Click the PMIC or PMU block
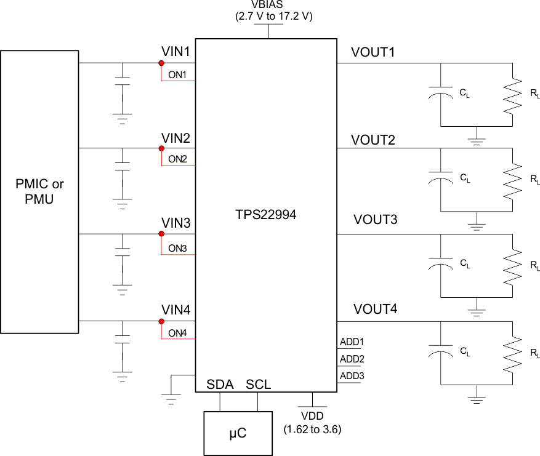[40, 191]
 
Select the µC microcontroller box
[238, 433]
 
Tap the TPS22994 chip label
[266, 217]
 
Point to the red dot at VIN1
[161, 63]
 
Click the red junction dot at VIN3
[161, 234]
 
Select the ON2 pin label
[177, 159]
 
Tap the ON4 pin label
[177, 334]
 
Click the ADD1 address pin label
[353, 342]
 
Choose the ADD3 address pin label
[353, 375]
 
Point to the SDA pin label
[220, 385]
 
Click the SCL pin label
[259, 385]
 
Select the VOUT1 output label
[373, 53]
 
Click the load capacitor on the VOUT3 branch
[440, 264]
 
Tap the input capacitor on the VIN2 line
[123, 167]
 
